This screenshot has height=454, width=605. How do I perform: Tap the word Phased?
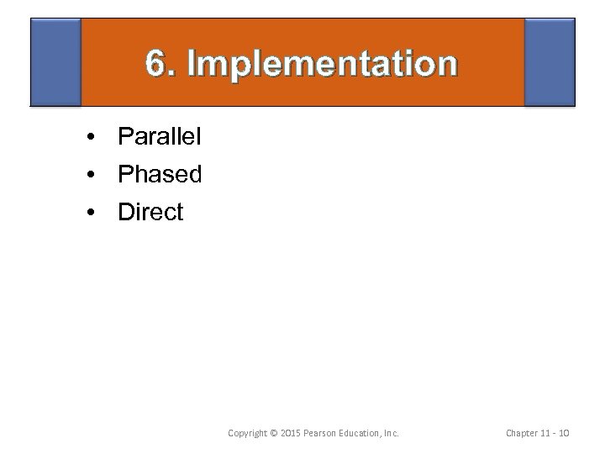click(160, 174)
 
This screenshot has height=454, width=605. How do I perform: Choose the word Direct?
click(150, 213)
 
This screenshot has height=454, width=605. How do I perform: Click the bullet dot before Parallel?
click(88, 137)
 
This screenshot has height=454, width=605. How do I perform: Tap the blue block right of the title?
click(550, 62)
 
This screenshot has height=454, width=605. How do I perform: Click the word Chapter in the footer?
click(524, 434)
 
